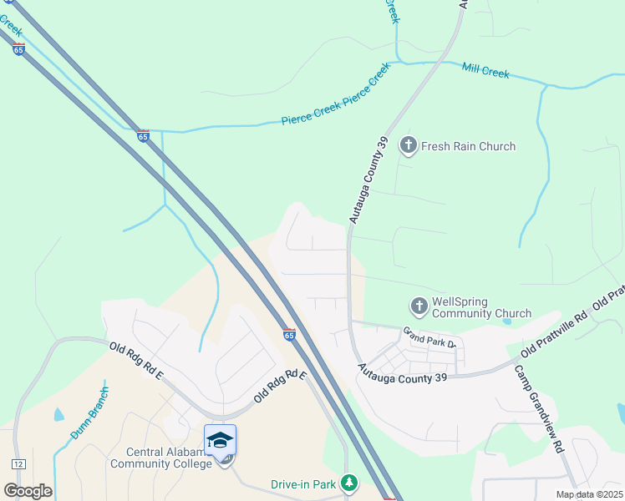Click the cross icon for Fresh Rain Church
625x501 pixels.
pyautogui.click(x=409, y=146)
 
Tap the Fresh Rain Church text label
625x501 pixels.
pyautogui.click(x=468, y=146)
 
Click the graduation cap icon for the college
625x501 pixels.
pyautogui.click(x=221, y=440)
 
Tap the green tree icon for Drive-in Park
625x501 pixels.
pyautogui.click(x=350, y=483)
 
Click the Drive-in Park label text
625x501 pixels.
pyautogui.click(x=302, y=484)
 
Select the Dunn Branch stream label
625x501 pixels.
pyautogui.click(x=89, y=413)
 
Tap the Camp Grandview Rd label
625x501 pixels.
pyautogui.click(x=540, y=408)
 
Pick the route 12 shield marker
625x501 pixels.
pyautogui.click(x=18, y=463)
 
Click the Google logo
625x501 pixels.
pyautogui.click(x=28, y=490)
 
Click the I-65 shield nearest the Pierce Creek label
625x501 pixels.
pyautogui.click(x=143, y=136)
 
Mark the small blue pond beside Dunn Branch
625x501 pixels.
pyautogui.click(x=58, y=414)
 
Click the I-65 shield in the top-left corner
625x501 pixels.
pyautogui.click(x=18, y=49)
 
